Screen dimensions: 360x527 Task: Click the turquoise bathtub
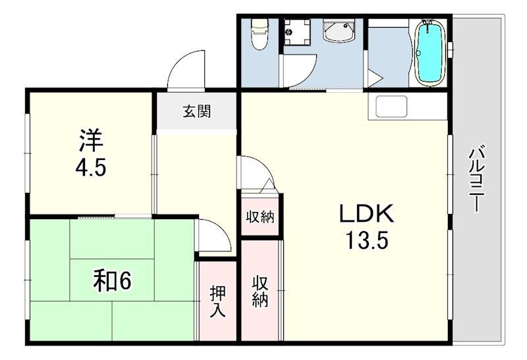430,53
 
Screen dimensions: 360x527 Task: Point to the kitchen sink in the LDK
389,107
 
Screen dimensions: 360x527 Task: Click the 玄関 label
196,111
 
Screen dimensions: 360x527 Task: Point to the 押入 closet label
218,301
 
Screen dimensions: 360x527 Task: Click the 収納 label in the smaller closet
260,217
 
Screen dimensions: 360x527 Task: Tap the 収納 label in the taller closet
260,292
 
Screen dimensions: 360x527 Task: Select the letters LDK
366,214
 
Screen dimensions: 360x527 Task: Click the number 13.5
366,240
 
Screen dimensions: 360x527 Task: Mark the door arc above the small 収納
256,173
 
